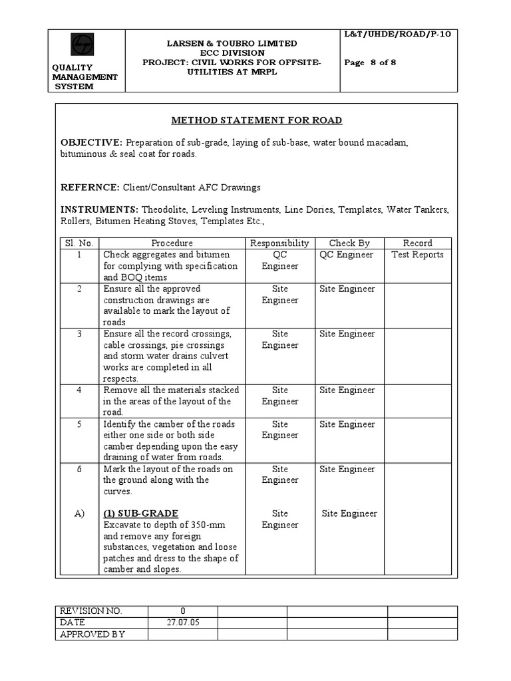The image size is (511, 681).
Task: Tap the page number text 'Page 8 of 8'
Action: (x=371, y=63)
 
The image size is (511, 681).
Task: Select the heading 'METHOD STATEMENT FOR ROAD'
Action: (x=257, y=120)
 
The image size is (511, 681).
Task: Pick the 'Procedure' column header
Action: (x=172, y=243)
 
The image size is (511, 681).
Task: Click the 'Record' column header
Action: (x=417, y=243)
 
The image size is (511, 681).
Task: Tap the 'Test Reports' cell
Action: (x=417, y=255)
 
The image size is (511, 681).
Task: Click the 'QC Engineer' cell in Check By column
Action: (x=347, y=255)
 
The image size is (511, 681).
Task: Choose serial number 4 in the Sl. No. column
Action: (x=79, y=390)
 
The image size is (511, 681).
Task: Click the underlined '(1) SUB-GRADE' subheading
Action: (x=141, y=513)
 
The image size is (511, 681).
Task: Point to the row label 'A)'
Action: (x=79, y=513)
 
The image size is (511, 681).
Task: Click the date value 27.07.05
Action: (x=183, y=622)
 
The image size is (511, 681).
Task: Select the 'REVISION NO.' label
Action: (x=91, y=611)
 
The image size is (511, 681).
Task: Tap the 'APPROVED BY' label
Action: (x=92, y=634)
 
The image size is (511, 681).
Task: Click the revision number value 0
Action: (x=183, y=611)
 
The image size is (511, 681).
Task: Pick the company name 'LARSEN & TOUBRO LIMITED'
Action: (x=232, y=43)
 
